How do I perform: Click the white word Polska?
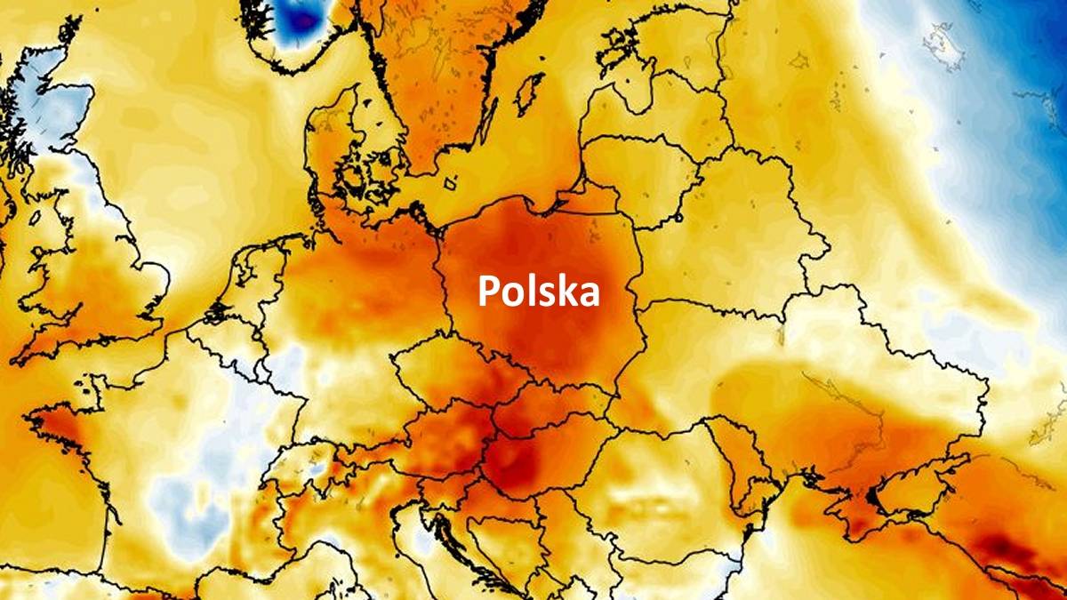(x=539, y=291)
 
